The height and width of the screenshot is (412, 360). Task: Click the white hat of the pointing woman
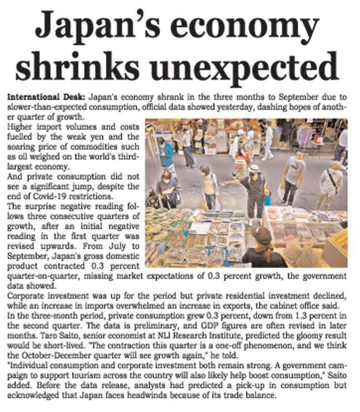pyautogui.click(x=255, y=168)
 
